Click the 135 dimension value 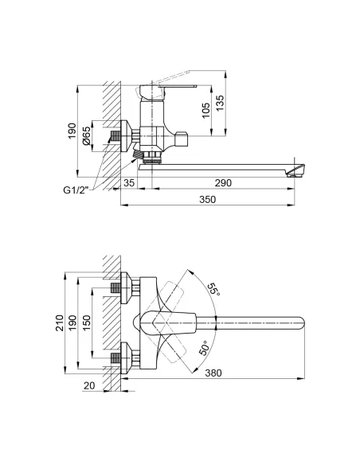tap(220, 103)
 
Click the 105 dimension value tap(205, 111)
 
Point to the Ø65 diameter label tap(86, 136)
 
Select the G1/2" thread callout tap(76, 190)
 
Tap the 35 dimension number tap(129, 183)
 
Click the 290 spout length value tap(223, 183)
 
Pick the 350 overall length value tap(208, 200)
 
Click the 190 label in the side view tap(72, 131)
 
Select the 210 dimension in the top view tap(60, 323)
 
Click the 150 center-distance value tap(86, 323)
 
